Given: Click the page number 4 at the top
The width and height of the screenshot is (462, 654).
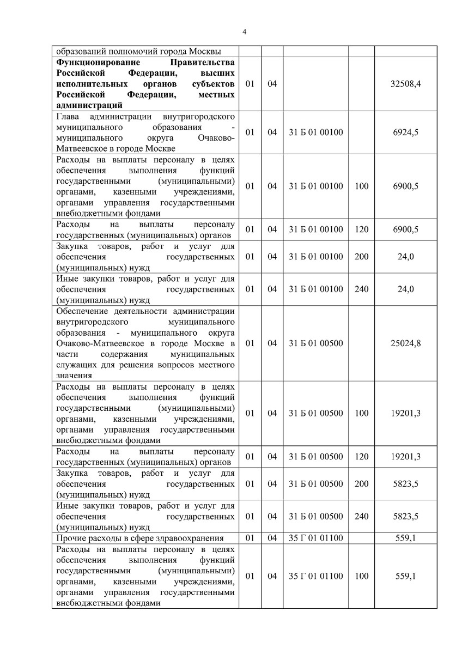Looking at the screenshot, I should [x=244, y=32].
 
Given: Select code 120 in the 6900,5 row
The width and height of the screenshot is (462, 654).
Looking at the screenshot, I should [x=361, y=229].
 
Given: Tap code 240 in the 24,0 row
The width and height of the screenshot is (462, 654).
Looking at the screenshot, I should [x=361, y=289].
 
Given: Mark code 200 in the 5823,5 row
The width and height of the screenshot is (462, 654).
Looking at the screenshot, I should [x=361, y=483].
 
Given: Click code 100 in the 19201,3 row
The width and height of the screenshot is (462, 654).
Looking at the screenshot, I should [x=361, y=413].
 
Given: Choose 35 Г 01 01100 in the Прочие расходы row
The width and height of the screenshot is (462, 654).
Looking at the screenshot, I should [x=316, y=538].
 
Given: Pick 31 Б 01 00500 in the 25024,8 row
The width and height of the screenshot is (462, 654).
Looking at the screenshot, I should [x=316, y=343].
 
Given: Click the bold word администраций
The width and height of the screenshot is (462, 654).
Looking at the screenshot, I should [x=89, y=106].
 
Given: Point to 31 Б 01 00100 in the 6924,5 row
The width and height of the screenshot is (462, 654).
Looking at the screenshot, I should [x=316, y=132].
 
